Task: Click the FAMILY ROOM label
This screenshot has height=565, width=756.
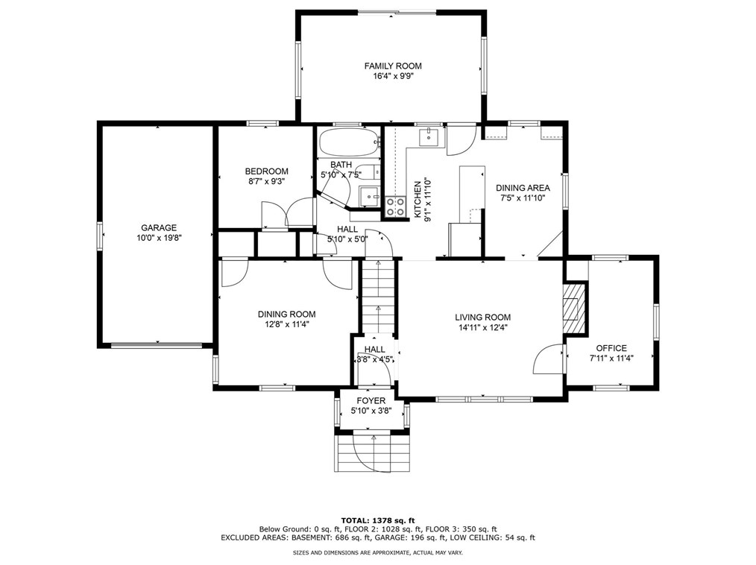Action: point(392,66)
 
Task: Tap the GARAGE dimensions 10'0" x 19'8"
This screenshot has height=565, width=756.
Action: point(159,238)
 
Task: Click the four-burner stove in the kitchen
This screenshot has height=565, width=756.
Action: point(395,206)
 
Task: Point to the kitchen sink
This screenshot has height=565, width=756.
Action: point(429,137)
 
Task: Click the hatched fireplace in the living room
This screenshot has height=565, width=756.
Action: point(574,308)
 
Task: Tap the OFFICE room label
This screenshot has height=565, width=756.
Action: point(611,348)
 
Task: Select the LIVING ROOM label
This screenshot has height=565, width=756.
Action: point(482,318)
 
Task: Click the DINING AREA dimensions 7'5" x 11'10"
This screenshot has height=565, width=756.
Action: point(523,198)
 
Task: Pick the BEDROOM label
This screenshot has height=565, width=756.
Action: point(267,171)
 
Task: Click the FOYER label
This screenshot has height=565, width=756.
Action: point(371,400)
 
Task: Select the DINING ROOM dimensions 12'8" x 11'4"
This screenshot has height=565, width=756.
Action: point(286,324)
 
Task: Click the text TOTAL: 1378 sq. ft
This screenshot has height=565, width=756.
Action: point(378,520)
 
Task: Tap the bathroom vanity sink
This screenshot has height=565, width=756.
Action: point(371,196)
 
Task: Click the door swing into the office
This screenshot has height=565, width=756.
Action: point(548,359)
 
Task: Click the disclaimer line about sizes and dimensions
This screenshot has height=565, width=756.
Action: point(378,552)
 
